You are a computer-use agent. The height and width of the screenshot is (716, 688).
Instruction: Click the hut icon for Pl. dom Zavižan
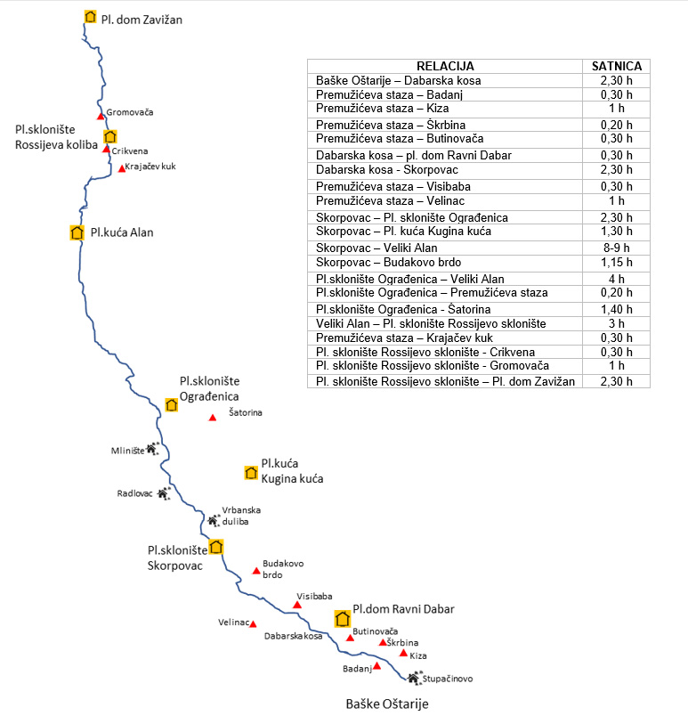pos(90,17)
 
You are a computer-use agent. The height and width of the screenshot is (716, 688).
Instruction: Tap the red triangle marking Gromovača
pos(101,117)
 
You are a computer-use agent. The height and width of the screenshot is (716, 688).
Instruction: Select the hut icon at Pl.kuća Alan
pos(77,233)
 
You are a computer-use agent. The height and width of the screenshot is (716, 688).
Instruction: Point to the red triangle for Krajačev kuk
pos(122,169)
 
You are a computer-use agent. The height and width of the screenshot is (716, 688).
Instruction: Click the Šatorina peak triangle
pos(213,418)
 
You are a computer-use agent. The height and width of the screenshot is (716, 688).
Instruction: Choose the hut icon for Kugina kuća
pos(251,473)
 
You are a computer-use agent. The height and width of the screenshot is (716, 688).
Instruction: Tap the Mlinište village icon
pos(152,449)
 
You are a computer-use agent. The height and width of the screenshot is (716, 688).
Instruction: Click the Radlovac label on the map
pos(134,493)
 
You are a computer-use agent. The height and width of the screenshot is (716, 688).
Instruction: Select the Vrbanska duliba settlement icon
pos(214,520)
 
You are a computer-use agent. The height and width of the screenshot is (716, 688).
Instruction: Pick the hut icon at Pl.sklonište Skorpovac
pos(215,547)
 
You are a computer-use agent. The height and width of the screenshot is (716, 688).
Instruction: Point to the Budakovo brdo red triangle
pos(256,571)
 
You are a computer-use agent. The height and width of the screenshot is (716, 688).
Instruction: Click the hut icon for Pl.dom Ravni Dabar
pos(342,619)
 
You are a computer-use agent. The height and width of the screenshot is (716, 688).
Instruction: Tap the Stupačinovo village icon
pos(414,678)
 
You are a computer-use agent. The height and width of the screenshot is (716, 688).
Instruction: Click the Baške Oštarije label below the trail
pos(387,704)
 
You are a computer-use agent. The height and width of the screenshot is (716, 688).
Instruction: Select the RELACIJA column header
pos(445,66)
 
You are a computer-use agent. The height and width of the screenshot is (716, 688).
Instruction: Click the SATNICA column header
pos(617,66)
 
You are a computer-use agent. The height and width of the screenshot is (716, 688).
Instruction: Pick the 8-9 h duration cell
pos(617,248)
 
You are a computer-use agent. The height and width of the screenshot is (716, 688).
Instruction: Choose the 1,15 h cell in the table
pos(617,262)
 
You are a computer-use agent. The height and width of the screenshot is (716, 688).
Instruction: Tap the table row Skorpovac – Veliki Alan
pos(376,248)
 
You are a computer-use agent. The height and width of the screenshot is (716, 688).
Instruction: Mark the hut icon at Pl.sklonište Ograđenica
pos(172,405)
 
